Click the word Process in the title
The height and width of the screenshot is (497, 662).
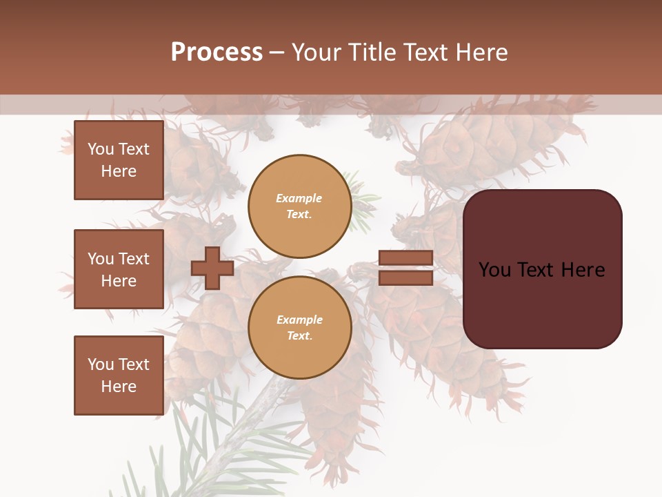(217, 52)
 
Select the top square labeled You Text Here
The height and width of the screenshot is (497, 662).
(119, 160)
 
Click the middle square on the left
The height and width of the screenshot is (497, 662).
(119, 269)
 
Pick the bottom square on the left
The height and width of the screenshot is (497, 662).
(119, 375)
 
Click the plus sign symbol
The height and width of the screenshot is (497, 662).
(212, 268)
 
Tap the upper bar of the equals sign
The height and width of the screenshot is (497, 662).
(405, 258)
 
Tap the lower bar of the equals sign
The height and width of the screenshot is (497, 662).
(405, 277)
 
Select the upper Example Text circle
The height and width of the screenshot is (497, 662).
(299, 206)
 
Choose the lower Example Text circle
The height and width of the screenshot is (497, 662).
(299, 327)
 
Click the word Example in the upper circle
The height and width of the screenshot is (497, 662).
(299, 198)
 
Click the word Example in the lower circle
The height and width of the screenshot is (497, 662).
(299, 320)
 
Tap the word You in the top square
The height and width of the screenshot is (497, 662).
(101, 149)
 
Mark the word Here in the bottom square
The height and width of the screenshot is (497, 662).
(119, 387)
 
